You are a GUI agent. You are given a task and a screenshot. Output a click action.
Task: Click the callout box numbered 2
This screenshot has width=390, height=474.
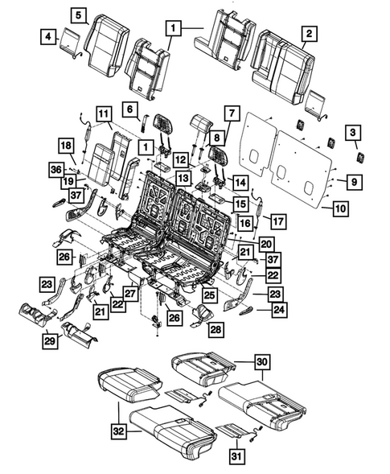click(309, 34)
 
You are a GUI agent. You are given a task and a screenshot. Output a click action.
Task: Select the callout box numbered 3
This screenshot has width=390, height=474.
click(352, 132)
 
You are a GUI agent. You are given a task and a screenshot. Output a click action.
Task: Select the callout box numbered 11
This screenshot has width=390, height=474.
click(104, 113)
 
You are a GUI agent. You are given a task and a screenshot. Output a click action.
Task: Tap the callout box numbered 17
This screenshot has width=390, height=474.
click(277, 221)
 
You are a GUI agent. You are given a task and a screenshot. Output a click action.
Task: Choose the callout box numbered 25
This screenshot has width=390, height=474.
click(211, 297)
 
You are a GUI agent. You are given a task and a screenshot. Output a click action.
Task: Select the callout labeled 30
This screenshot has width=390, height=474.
click(261, 361)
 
